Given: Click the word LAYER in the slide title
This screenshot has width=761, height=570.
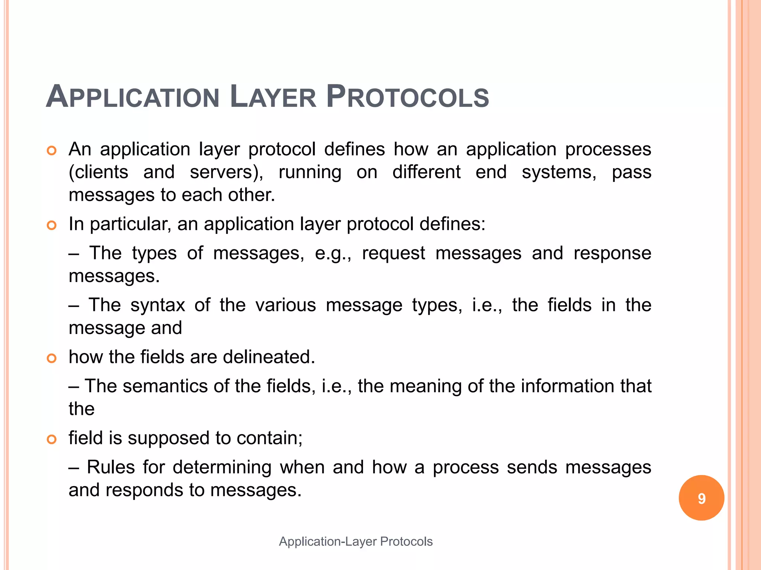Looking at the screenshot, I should (x=273, y=97).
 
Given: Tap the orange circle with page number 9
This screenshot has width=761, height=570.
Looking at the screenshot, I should (x=701, y=498).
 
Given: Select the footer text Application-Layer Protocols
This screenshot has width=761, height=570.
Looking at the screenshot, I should (x=356, y=541).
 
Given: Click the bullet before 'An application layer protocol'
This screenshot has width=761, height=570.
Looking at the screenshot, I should (x=52, y=151).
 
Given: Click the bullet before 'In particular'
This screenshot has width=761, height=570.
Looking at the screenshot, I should (x=52, y=225).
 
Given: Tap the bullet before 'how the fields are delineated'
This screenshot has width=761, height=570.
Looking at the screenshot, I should (x=52, y=358).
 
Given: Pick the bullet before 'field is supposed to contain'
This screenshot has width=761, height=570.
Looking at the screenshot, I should (x=52, y=439).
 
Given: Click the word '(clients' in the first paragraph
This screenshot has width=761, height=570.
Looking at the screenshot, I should (x=98, y=173).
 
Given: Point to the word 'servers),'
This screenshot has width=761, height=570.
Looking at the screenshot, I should (x=226, y=173).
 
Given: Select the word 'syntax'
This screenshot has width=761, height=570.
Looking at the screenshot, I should (x=158, y=305).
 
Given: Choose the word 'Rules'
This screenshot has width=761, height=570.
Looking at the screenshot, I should (x=111, y=467).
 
